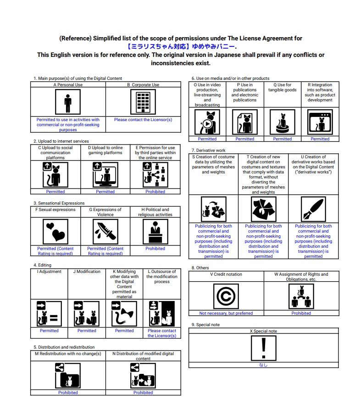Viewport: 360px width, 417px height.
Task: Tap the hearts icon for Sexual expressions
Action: coord(55,232)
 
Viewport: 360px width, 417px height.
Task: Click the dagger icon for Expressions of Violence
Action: coord(105,232)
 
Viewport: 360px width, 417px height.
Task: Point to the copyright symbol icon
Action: coord(226,296)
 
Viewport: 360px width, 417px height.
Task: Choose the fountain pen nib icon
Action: coord(313,209)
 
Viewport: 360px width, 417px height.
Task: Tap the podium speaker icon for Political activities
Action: coord(155,232)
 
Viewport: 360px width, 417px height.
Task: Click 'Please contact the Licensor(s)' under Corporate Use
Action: coord(143,120)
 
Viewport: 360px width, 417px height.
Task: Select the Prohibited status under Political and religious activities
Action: coord(155,249)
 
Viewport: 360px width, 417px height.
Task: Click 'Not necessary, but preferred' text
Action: coord(226,313)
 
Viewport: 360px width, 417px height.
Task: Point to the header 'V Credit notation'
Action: coord(226,274)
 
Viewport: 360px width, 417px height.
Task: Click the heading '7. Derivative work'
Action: coord(209,150)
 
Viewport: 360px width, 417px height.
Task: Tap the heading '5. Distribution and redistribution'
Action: coord(64,347)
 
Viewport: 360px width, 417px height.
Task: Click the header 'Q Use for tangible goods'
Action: coord(282,87)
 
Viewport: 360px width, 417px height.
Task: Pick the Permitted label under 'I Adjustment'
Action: coord(49,331)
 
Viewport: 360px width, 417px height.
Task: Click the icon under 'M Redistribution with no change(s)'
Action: coord(68,376)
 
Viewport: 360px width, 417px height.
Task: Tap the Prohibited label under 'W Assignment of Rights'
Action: coord(301,313)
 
